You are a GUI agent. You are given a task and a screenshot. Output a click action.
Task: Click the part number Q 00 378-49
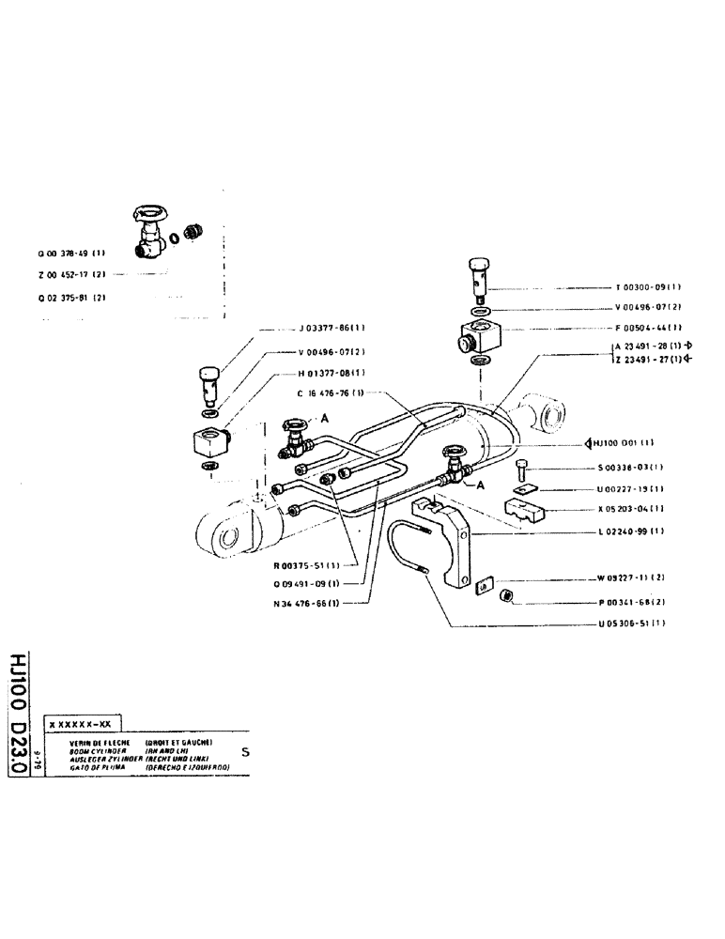tap(72, 254)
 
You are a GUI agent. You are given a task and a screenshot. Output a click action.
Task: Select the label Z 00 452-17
tap(72, 274)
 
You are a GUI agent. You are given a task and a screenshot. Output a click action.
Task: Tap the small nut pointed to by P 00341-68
tap(507, 595)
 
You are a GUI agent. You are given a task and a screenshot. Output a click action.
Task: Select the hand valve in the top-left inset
tap(150, 232)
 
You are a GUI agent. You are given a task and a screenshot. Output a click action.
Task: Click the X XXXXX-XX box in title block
tap(84, 726)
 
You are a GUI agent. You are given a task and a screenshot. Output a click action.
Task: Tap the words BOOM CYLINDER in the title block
tap(84, 750)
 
